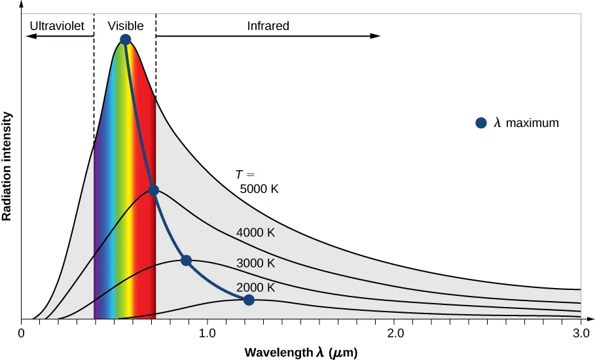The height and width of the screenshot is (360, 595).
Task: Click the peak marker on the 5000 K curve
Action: pos(126,40)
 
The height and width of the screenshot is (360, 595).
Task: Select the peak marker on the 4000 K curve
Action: pos(154,190)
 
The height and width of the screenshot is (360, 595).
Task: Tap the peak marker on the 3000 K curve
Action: pos(186,261)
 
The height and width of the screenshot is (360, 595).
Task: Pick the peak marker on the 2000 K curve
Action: pos(249,300)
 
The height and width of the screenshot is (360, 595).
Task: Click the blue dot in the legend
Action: pos(481,122)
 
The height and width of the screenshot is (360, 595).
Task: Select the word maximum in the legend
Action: pos(532,122)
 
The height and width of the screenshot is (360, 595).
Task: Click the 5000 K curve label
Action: pos(259,189)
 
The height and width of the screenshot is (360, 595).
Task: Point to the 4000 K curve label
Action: pos(255,233)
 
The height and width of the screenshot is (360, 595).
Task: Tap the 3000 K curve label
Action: pos(255,263)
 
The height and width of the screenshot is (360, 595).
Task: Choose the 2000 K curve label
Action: pos(255,287)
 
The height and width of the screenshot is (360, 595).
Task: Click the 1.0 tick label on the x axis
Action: pos(207,333)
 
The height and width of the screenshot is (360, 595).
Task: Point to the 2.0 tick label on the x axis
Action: pos(394,333)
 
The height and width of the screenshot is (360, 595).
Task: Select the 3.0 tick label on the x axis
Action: pos(581,333)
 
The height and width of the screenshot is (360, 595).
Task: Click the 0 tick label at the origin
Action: pos(22,333)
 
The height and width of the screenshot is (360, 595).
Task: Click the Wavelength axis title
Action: pos(301,352)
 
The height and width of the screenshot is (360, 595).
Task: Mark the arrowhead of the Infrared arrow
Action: pos(376,36)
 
